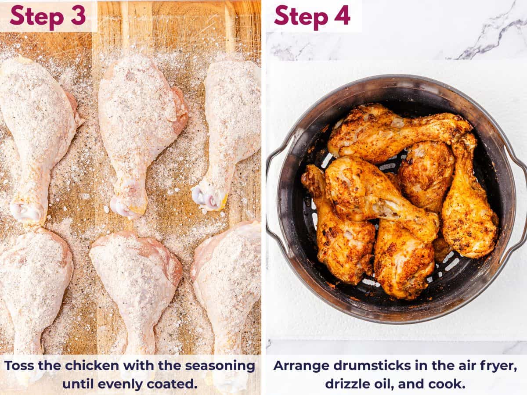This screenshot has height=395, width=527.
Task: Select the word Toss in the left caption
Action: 21,366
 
